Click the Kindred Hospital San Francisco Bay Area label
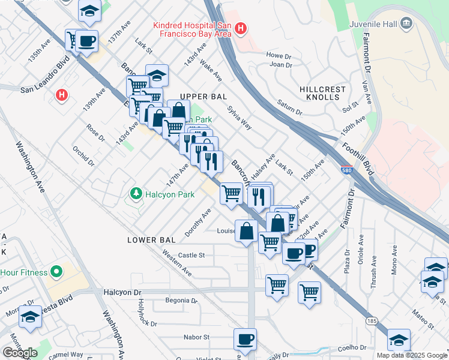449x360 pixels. click(192, 29)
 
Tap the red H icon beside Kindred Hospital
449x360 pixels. click(241, 28)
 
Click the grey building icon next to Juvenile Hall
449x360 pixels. click(407, 23)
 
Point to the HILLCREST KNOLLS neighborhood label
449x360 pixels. click(323, 93)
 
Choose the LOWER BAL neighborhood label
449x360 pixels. click(151, 240)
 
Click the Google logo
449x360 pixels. click(19, 352)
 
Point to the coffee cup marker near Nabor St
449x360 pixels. click(245, 340)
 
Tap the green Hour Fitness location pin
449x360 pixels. click(56, 272)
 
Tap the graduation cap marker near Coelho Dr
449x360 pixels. click(399, 340)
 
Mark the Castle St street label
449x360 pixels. click(191, 255)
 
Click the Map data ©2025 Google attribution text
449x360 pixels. click(411, 355)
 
